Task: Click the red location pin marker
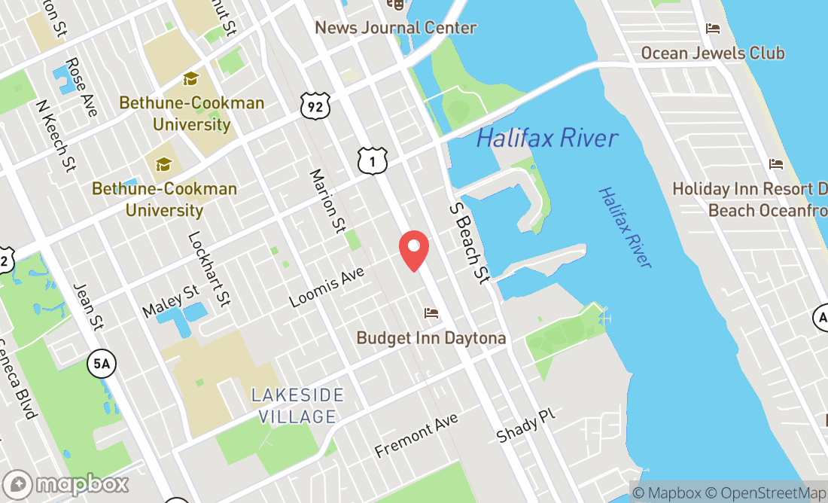click(x=414, y=251)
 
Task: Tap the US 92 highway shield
click(x=314, y=106)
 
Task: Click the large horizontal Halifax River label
click(x=547, y=139)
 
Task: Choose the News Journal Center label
click(x=395, y=28)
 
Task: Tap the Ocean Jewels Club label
click(x=712, y=53)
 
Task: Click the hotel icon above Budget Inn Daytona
click(x=431, y=312)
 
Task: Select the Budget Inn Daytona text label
click(x=431, y=338)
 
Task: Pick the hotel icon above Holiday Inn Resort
click(x=775, y=164)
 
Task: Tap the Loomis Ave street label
click(x=327, y=288)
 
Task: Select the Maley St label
click(x=172, y=300)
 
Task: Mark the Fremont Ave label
click(x=416, y=435)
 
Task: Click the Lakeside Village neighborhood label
click(x=298, y=406)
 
